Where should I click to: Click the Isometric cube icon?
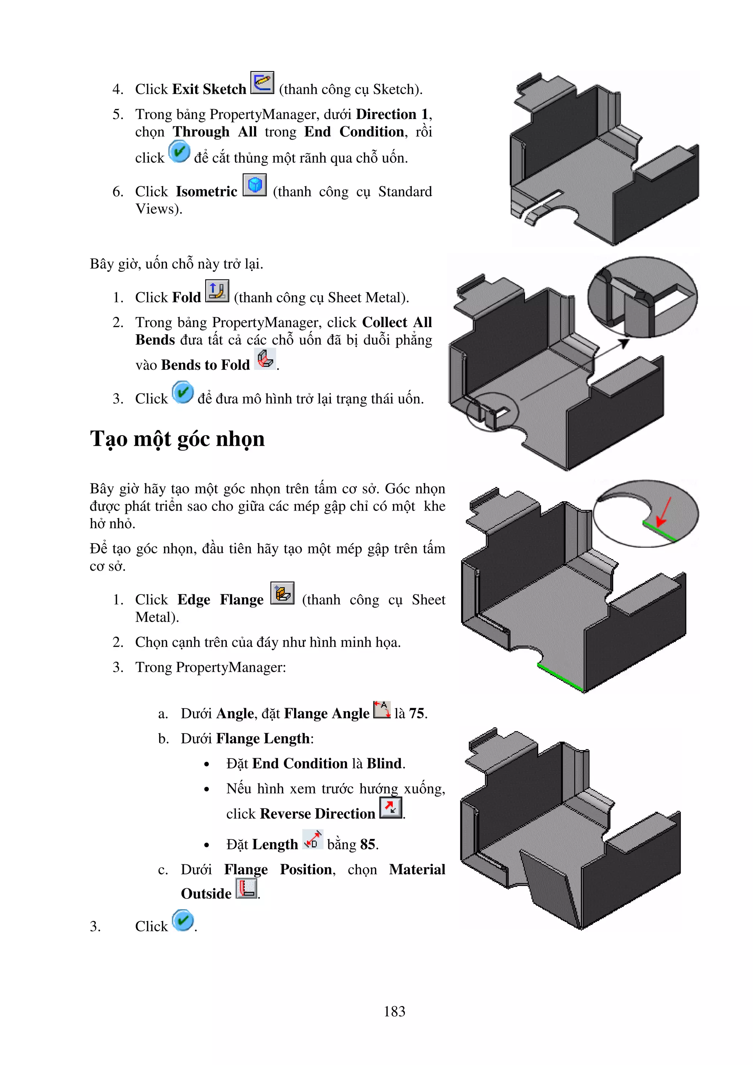click(x=255, y=185)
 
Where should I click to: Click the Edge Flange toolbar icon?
click(x=282, y=593)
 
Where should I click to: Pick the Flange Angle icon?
click(x=382, y=710)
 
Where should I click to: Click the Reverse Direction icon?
click(x=390, y=808)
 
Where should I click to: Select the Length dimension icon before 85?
click(x=313, y=840)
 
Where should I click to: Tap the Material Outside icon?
click(x=246, y=889)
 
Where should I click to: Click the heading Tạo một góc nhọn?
click(x=177, y=439)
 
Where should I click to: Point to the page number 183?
click(x=395, y=1011)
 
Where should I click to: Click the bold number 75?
click(x=416, y=713)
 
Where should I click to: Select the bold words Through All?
click(x=215, y=132)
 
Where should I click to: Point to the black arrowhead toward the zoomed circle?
click(x=624, y=343)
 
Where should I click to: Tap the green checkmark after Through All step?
click(x=179, y=152)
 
